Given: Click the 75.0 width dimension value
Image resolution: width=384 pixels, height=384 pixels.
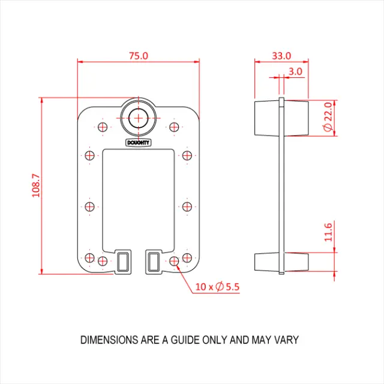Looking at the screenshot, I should [138, 55].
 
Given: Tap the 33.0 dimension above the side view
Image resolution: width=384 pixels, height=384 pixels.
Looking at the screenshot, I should [281, 55].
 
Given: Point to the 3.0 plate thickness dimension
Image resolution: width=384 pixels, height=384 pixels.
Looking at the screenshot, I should [295, 71].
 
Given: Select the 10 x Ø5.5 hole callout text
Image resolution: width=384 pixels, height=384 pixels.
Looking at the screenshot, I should [217, 287].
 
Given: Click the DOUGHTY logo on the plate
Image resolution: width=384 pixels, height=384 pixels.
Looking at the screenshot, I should [139, 142].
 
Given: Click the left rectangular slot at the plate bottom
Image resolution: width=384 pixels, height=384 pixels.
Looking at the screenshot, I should [123, 262].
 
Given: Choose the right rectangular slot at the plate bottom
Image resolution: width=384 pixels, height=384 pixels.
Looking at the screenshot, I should [154, 262].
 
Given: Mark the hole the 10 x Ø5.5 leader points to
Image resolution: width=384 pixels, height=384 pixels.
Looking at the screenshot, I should [174, 261].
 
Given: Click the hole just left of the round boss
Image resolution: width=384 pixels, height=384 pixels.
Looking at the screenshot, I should [102, 127].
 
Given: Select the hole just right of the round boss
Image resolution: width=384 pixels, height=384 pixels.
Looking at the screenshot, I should [174, 127].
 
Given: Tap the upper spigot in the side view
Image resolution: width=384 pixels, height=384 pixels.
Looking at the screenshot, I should [281, 118].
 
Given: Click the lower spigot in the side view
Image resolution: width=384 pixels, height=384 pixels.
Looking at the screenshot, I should [281, 262].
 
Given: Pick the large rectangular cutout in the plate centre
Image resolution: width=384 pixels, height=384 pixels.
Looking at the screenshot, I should [138, 198].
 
